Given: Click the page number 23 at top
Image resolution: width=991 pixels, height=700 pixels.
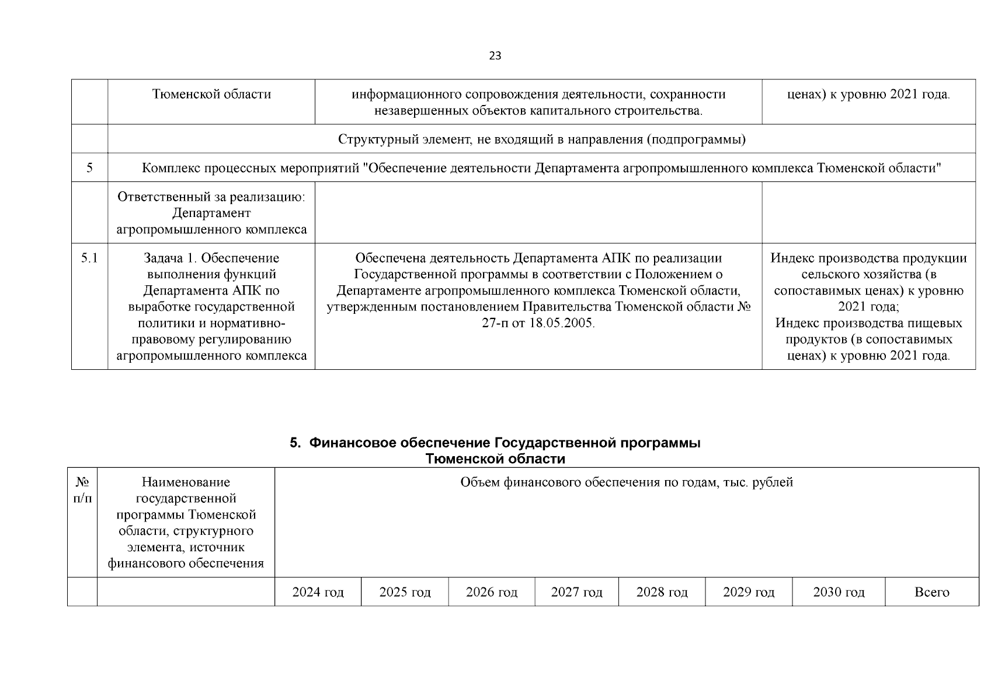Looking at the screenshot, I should tap(495, 56).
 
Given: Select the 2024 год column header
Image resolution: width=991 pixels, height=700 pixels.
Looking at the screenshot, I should tap(318, 592).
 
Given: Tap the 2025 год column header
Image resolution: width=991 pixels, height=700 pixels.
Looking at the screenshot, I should tap(405, 592).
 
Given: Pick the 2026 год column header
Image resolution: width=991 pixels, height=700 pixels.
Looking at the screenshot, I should tap(491, 592).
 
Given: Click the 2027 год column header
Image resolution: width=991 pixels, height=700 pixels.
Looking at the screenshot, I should tap(576, 592).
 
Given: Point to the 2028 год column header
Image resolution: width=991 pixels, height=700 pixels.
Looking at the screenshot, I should tap(662, 592).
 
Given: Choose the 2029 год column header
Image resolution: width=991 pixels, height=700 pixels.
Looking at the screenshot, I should tap(749, 592).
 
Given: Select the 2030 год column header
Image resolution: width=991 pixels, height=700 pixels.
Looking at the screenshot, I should tap(839, 592).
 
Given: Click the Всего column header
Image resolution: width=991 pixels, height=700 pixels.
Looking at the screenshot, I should tap(931, 592).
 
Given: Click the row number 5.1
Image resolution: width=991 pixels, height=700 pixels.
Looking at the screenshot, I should tap(89, 258).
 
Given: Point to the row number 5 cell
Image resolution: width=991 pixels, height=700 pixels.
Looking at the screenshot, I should tap(89, 168).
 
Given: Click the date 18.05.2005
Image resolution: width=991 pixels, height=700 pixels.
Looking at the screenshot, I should tap(561, 323).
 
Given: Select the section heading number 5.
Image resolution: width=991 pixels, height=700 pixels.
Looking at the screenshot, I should tap(295, 443).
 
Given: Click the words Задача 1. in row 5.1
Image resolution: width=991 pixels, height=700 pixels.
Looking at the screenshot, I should tap(170, 258).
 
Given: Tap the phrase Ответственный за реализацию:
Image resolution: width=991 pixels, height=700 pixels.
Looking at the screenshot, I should tap(211, 197).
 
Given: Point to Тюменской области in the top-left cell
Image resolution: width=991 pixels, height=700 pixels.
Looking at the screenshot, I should tap(211, 94).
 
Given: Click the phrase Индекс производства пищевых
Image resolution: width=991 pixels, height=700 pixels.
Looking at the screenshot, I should tap(868, 323).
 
